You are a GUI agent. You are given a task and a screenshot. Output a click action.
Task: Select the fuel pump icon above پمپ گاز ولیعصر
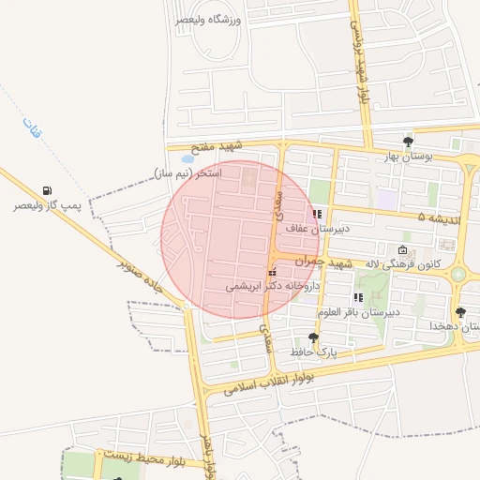48,190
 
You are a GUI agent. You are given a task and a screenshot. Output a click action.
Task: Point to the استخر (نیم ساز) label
187,173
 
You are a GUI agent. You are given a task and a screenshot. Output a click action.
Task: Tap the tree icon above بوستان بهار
408,142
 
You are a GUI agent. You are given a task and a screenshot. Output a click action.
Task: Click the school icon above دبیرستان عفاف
317,214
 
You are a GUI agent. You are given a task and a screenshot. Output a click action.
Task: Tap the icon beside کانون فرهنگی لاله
402,250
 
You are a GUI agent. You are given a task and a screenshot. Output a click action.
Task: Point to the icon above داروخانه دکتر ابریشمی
272,273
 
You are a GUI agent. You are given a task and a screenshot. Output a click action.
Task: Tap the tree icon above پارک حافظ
312,337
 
